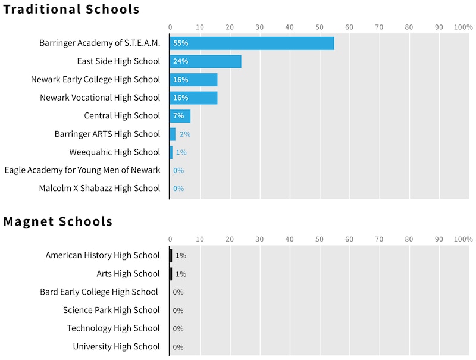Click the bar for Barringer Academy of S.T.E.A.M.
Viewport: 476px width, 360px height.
pyautogui.click(x=252, y=43)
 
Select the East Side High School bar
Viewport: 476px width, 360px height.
pyautogui.click(x=205, y=61)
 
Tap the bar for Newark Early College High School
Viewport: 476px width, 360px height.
pyautogui.click(x=193, y=80)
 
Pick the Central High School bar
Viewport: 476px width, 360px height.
pyautogui.click(x=180, y=116)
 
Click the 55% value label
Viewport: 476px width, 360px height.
pyautogui.click(x=180, y=43)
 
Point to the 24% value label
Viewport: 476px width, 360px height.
pyautogui.click(x=180, y=61)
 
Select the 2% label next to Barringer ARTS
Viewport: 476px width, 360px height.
pyautogui.click(x=185, y=134)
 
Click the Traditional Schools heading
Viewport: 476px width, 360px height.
pyautogui.click(x=71, y=10)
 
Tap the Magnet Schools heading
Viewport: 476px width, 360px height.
pyautogui.click(x=58, y=222)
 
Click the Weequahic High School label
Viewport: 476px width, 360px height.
pyautogui.click(x=114, y=152)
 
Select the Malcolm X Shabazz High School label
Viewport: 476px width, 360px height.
pyautogui.click(x=99, y=189)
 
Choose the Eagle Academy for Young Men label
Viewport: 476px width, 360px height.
pyautogui.click(x=82, y=170)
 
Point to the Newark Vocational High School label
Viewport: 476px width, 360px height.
pyautogui.click(x=100, y=98)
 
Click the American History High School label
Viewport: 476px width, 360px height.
pyautogui.click(x=102, y=255)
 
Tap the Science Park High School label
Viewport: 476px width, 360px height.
pyautogui.click(x=111, y=310)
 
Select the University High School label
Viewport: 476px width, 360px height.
pyautogui.click(x=116, y=346)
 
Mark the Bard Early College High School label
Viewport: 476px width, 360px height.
pyautogui.click(x=99, y=292)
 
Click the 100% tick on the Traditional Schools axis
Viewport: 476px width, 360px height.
pyautogui.click(x=463, y=27)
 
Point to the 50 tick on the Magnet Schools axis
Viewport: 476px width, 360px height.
pyautogui.click(x=320, y=239)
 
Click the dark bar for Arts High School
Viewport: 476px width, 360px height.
pyautogui.click(x=171, y=274)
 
